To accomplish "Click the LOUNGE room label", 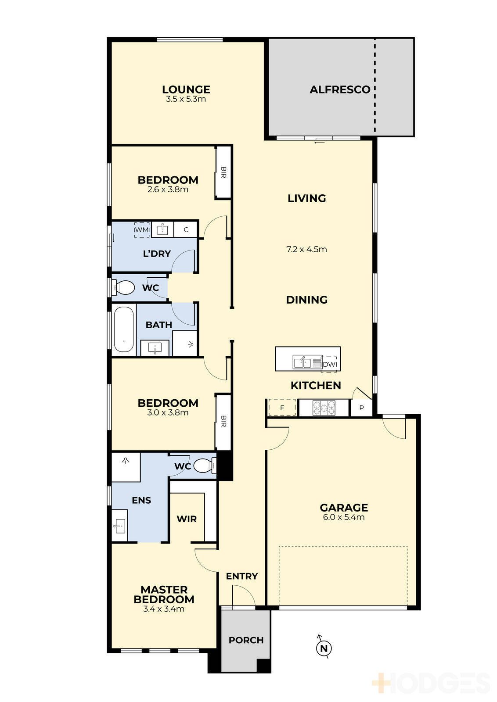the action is [x=186, y=90].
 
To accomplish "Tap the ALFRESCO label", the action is [x=340, y=90].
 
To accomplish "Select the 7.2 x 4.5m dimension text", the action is [x=306, y=250].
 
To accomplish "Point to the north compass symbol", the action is [x=324, y=648].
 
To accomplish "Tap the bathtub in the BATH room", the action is [x=124, y=330].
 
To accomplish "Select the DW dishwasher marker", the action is [x=329, y=365].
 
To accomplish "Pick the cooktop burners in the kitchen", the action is [x=324, y=408].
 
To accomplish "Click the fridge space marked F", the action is [x=282, y=408].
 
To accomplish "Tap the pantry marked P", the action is [x=361, y=408].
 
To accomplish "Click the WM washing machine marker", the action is [x=142, y=230].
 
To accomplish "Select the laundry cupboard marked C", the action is [x=186, y=230].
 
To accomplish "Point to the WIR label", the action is [x=187, y=519].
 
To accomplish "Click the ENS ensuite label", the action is [x=141, y=500].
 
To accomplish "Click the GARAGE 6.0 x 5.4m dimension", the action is [x=344, y=517].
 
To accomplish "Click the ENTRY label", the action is [x=242, y=577].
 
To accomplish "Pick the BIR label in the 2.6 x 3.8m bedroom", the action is [x=223, y=172].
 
